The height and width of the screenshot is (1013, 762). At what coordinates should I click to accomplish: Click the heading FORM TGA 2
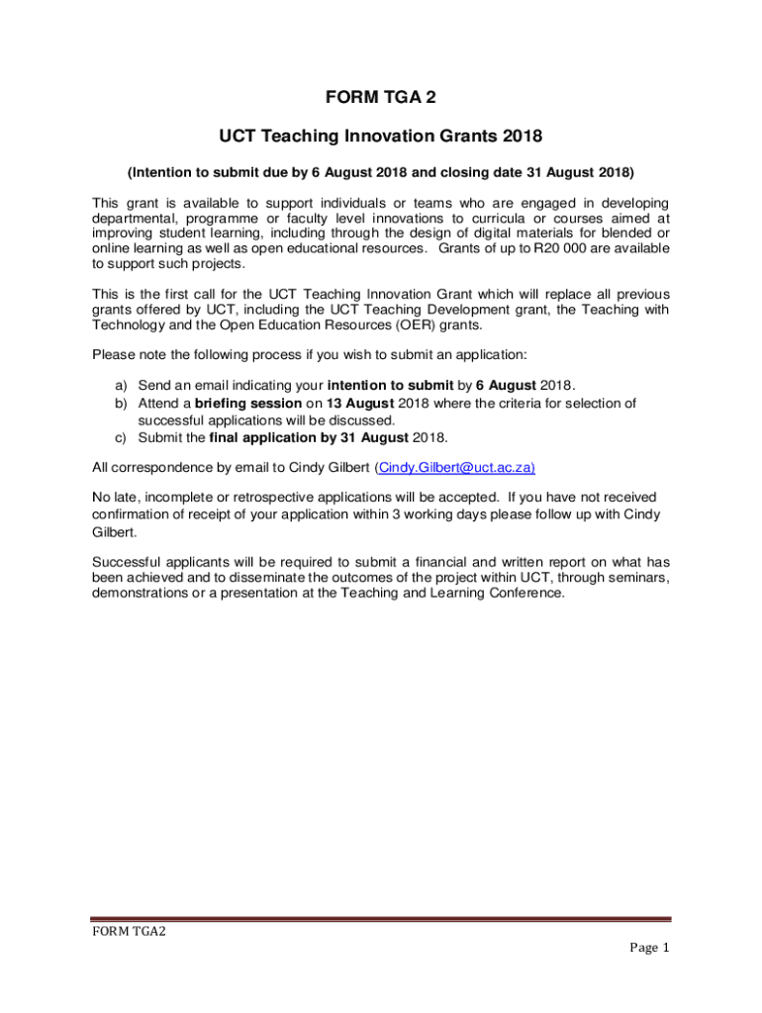click(x=381, y=97)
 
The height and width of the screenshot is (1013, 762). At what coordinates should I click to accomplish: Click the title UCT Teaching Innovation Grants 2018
click(x=381, y=135)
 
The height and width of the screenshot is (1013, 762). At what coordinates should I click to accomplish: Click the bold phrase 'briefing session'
click(x=248, y=403)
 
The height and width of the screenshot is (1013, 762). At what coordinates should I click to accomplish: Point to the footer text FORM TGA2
click(x=129, y=932)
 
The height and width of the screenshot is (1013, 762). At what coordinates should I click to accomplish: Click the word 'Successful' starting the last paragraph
click(x=126, y=560)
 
